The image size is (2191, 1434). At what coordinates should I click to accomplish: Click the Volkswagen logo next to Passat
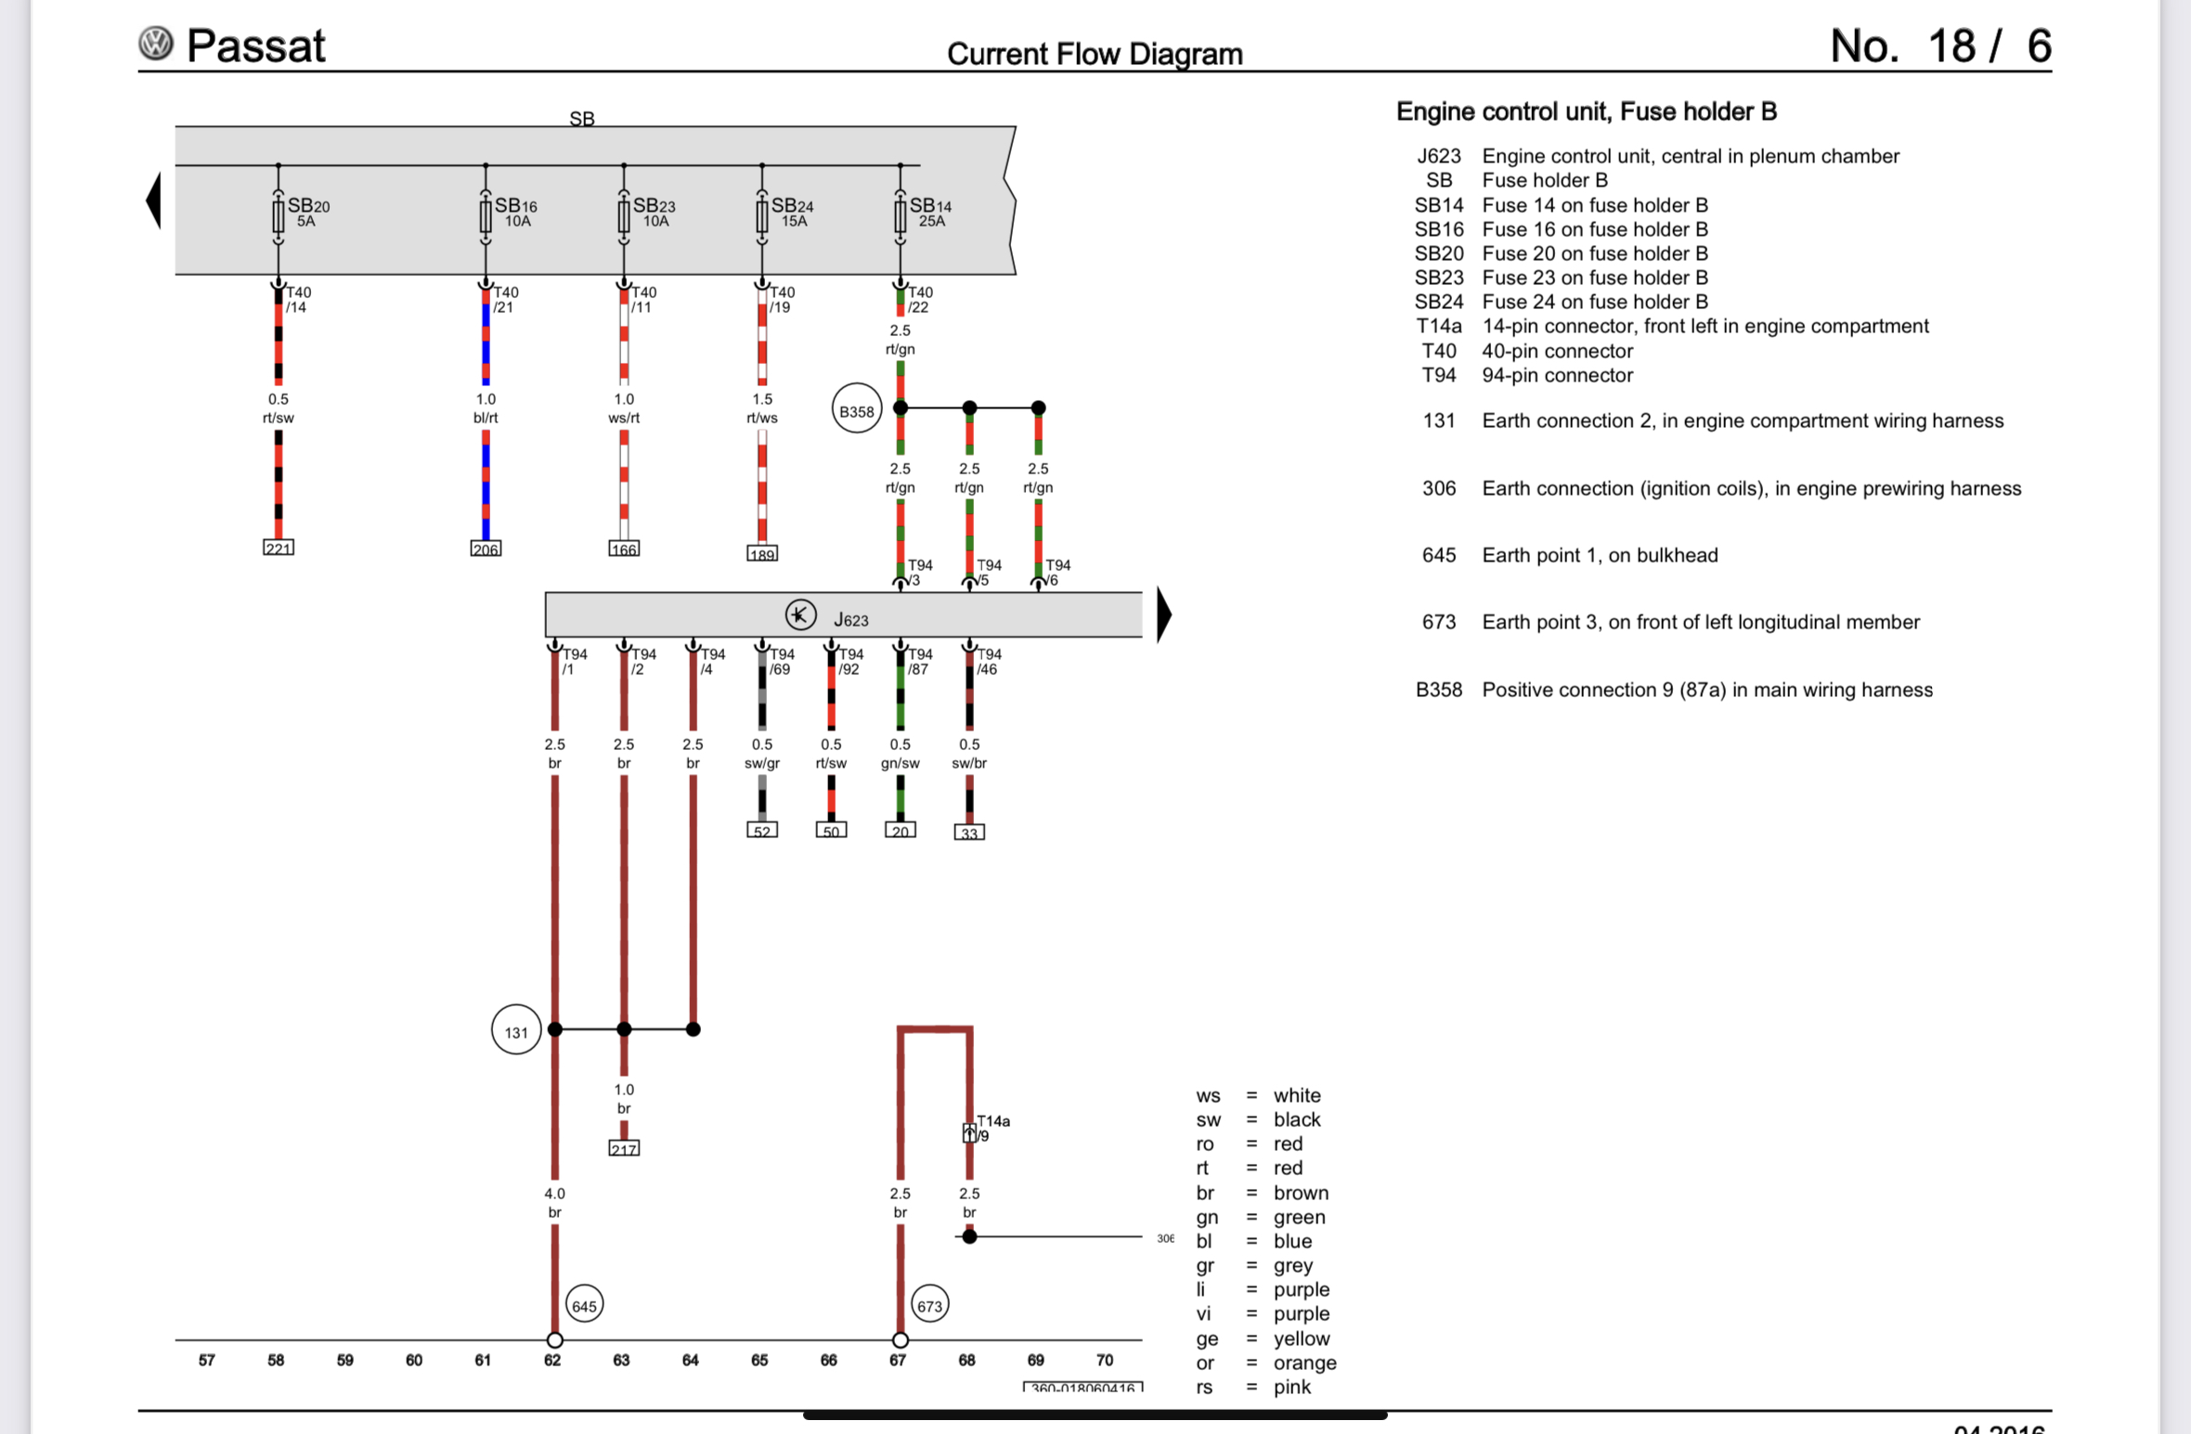click(156, 44)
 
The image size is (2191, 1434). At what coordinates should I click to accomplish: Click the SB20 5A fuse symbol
click(278, 216)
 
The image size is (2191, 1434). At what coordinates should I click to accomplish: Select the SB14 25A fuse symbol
click(900, 216)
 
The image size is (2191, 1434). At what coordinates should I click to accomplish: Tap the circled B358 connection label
click(856, 410)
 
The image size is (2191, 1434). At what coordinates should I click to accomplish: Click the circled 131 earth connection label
click(516, 1030)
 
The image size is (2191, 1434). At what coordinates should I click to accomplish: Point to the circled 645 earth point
click(584, 1305)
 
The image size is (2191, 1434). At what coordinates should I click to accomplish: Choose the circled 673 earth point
click(929, 1305)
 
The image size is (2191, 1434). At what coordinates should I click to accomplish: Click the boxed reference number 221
click(278, 548)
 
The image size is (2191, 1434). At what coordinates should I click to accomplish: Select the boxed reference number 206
click(486, 549)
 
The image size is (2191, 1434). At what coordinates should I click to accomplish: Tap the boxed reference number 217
click(624, 1149)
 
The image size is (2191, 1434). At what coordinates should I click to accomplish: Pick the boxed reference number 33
click(969, 833)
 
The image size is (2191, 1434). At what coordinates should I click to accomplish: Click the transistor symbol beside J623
click(800, 614)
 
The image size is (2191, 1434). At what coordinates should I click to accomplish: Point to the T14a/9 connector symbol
click(969, 1132)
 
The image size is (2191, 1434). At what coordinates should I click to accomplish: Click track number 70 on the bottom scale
click(1104, 1360)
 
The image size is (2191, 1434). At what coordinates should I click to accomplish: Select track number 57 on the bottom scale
click(206, 1360)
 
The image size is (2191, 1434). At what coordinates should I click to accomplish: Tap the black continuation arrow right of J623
click(1163, 614)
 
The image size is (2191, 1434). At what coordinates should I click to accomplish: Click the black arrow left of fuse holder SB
click(154, 200)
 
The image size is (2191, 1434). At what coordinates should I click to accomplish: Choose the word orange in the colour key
click(1304, 1363)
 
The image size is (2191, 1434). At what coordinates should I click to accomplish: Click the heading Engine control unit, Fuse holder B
click(1586, 111)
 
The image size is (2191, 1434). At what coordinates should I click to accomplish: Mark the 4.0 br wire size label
click(554, 1202)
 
